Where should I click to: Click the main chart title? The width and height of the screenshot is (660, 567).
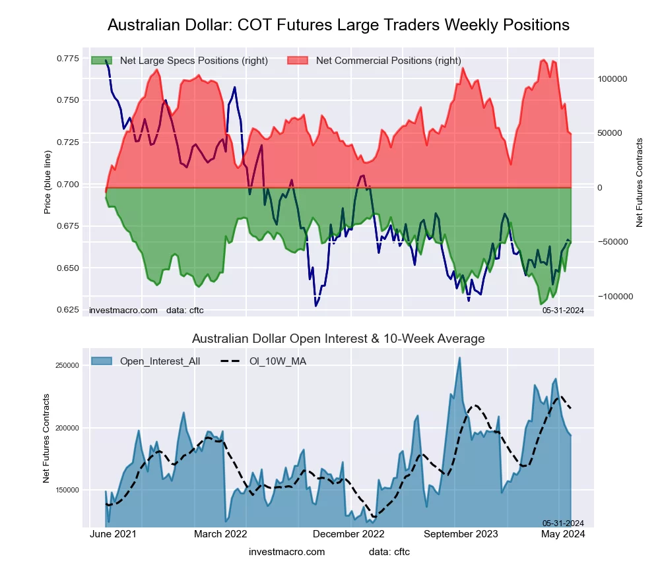tap(338, 25)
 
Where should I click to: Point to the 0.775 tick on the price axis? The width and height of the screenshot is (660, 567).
tap(67, 59)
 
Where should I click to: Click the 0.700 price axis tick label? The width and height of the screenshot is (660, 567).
tap(67, 184)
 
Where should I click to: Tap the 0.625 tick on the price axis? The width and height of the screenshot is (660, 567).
tap(67, 310)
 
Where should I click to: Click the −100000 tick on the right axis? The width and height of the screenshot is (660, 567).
tap(615, 297)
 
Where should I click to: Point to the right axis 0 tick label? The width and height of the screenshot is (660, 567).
tap(601, 188)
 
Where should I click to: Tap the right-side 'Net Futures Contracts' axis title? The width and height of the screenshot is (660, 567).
tap(640, 183)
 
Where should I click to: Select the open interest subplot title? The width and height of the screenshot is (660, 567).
tap(338, 339)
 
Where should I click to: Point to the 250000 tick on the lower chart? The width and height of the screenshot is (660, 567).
tap(66, 365)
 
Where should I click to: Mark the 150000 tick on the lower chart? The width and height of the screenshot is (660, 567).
tap(66, 490)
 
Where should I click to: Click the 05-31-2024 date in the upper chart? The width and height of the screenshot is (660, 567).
tap(564, 309)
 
